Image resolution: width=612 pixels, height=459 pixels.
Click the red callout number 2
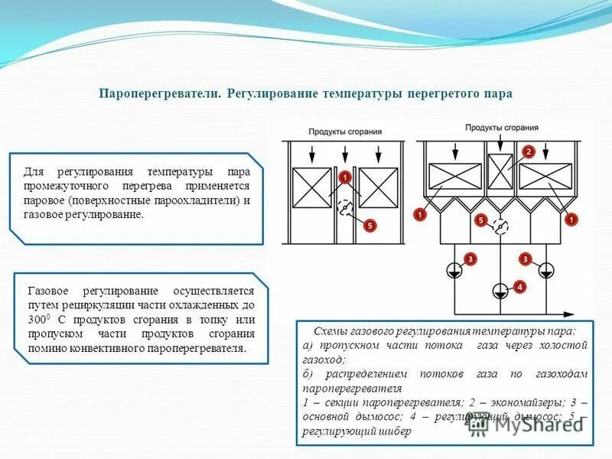point(528,151)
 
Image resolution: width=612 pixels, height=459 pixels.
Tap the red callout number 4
point(520,287)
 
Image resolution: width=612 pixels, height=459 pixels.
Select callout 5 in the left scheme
point(369,226)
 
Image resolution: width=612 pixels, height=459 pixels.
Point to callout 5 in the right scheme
point(481,220)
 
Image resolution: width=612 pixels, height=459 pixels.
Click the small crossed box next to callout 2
point(500,171)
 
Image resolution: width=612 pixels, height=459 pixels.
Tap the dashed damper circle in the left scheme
point(345,207)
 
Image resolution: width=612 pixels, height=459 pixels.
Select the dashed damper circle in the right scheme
point(500,226)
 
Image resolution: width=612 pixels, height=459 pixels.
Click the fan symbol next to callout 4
point(500,291)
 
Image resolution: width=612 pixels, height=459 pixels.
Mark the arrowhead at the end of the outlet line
point(570,313)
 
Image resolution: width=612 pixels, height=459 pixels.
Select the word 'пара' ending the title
point(498,93)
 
